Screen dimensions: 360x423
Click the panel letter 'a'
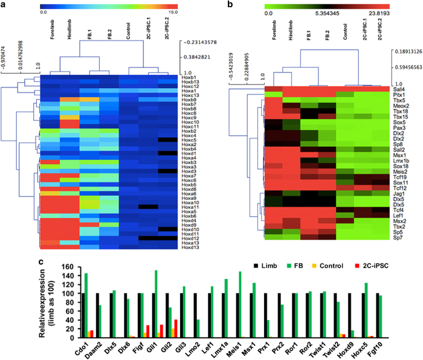click(5, 5)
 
